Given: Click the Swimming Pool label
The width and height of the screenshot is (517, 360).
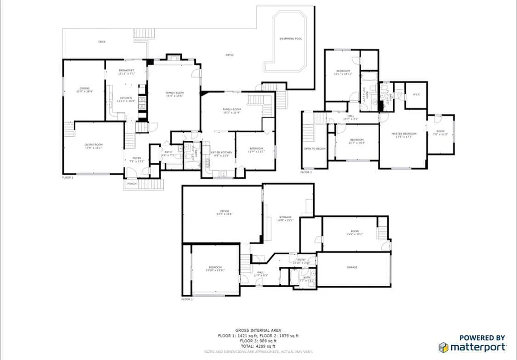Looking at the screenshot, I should click(x=291, y=39).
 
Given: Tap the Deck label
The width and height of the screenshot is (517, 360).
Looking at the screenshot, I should click(x=102, y=42).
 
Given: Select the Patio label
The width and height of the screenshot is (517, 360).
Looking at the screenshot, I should click(x=229, y=55).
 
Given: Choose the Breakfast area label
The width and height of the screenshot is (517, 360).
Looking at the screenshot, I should click(x=126, y=71).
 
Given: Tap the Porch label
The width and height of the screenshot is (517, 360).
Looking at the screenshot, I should click(x=131, y=184).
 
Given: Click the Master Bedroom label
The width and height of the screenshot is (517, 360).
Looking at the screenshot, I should click(x=404, y=134).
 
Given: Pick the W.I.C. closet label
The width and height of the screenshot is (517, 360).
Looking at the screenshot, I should click(x=416, y=94).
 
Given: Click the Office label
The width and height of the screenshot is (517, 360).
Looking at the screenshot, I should click(x=224, y=211).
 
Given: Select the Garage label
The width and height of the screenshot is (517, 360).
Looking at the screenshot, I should click(x=352, y=267).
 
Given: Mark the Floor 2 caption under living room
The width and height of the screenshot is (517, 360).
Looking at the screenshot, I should click(x=67, y=178).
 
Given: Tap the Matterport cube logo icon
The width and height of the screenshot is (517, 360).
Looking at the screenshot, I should click(x=444, y=347).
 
